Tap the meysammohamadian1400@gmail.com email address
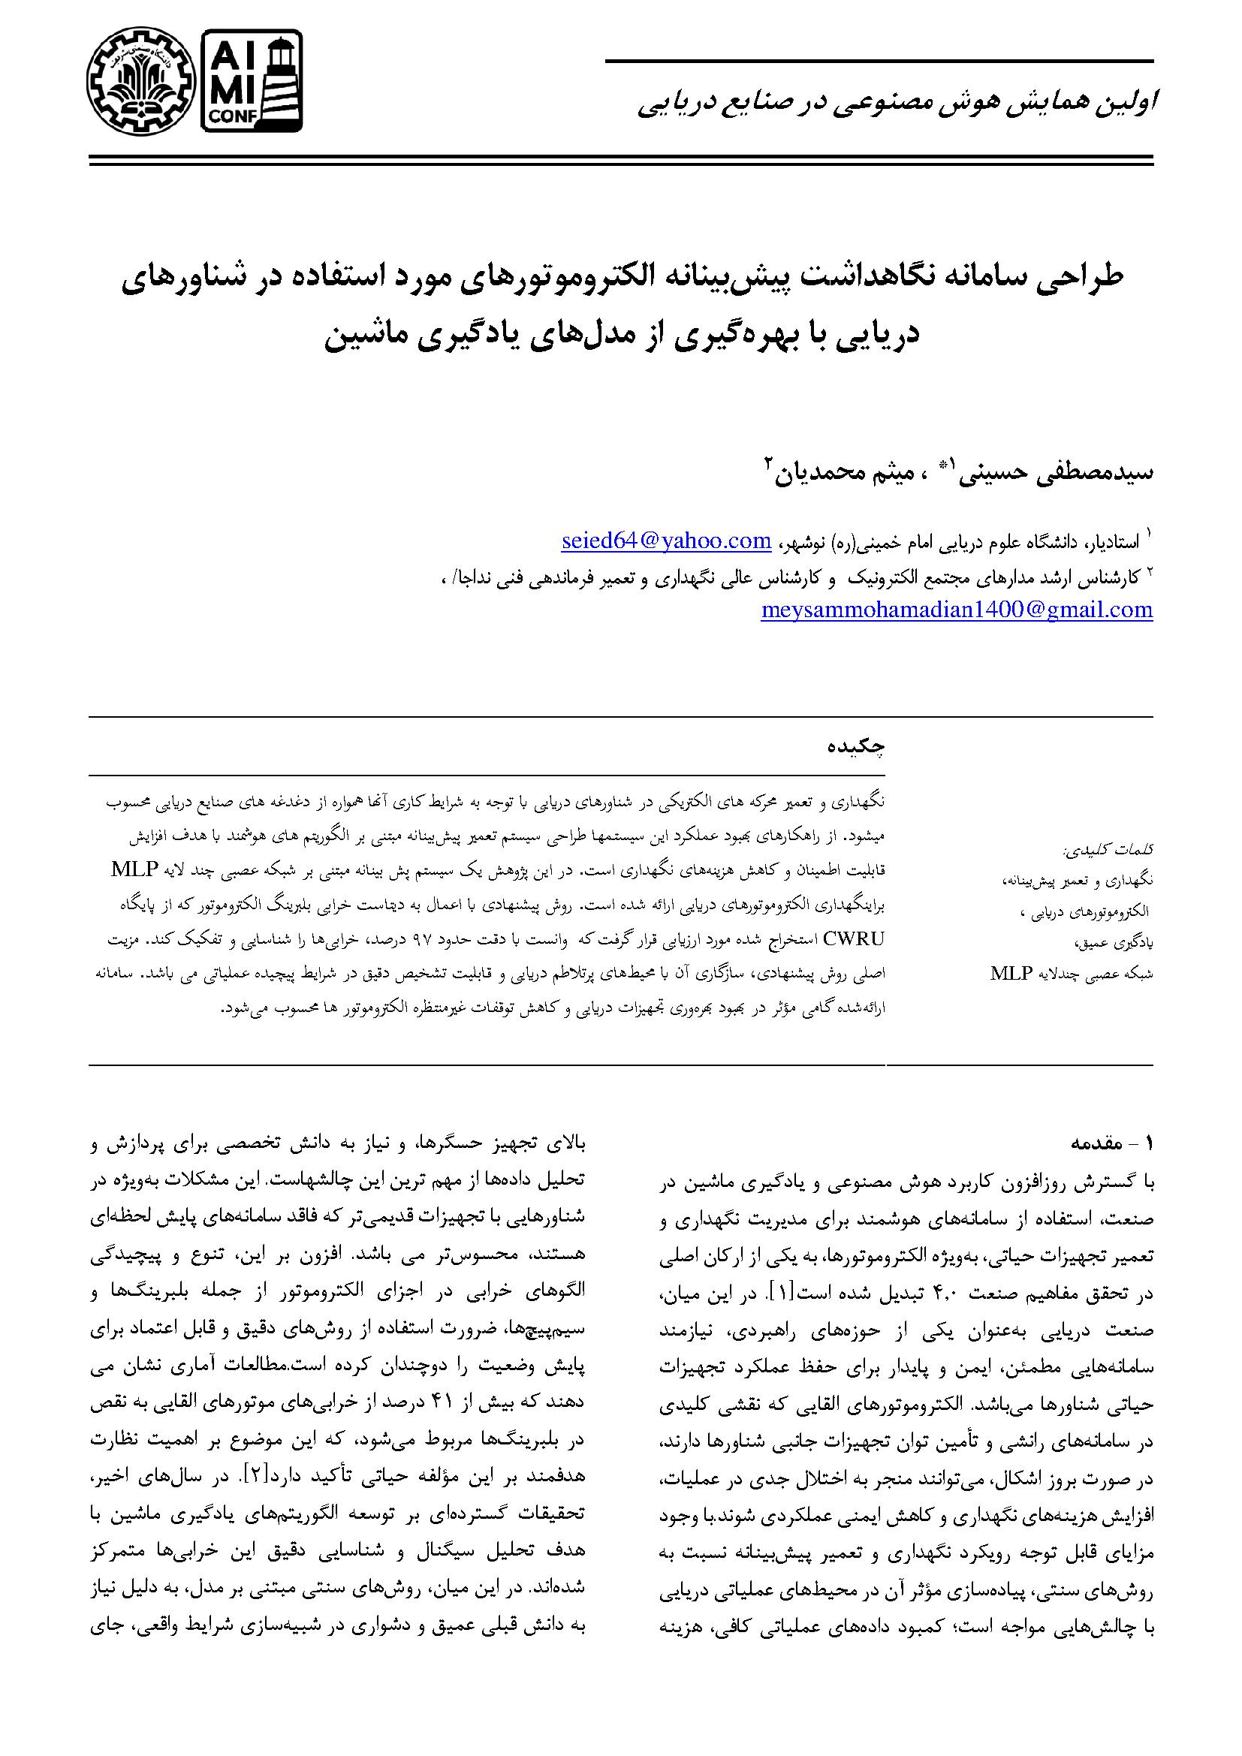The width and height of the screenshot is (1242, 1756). tap(957, 609)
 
